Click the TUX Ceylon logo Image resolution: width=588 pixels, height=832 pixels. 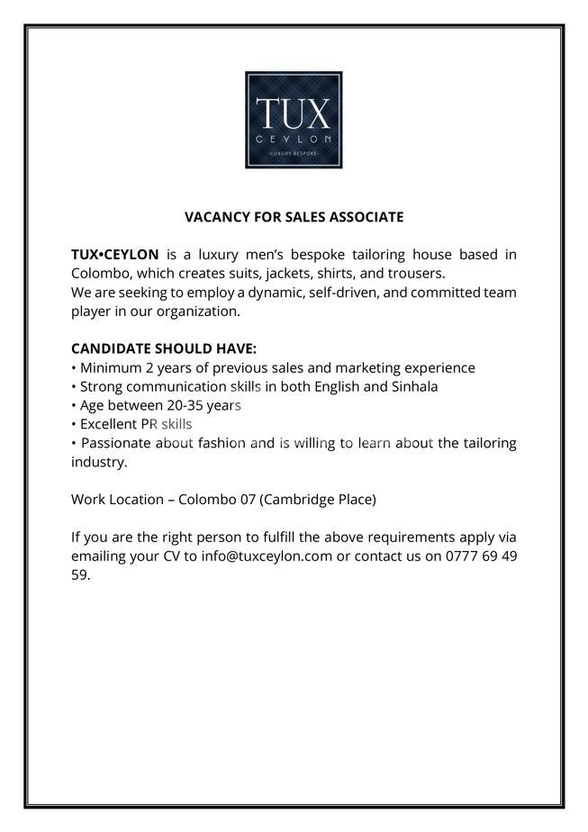(294, 120)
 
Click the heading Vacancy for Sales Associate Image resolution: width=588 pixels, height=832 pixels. (294, 217)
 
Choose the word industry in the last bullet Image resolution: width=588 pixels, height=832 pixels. (98, 462)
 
